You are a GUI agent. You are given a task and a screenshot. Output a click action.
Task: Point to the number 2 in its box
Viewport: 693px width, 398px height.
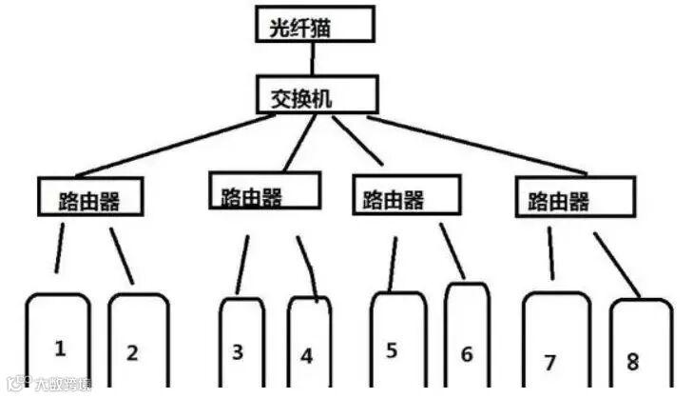[132, 352]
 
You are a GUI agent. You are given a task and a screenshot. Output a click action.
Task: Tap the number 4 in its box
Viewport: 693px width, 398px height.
[306, 356]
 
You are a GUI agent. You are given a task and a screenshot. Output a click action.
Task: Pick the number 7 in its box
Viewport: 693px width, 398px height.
[549, 363]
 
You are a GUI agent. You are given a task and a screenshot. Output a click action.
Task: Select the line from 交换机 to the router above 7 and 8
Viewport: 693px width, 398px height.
[475, 145]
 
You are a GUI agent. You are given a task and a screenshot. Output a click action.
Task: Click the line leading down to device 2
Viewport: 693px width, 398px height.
[121, 254]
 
